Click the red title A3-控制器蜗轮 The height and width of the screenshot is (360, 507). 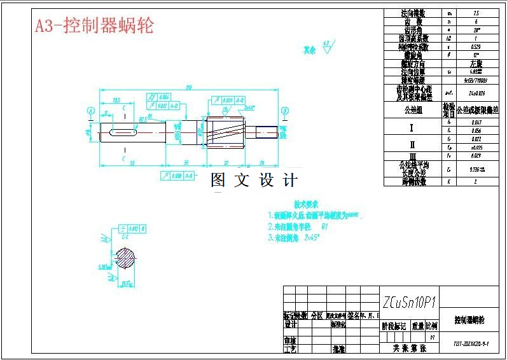click(94, 25)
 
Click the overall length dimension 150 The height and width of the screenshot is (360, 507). click(188, 87)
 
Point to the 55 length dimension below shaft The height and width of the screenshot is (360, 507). click(132, 163)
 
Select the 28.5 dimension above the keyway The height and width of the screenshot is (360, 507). click(116, 100)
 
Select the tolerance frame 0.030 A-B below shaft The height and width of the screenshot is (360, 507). click(178, 175)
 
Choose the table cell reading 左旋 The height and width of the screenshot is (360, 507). click(476, 64)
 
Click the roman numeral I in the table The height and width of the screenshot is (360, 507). click(412, 127)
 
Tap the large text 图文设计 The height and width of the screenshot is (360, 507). click(254, 181)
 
